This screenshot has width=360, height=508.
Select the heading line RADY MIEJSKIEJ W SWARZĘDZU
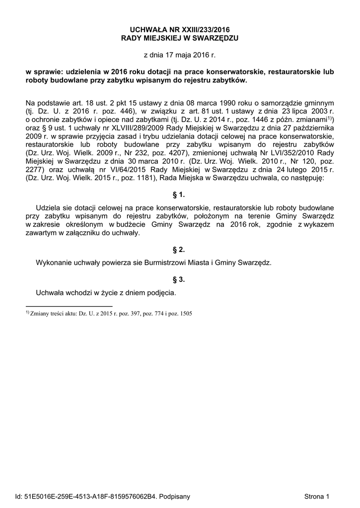point(180,38)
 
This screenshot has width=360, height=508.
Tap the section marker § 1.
point(179,195)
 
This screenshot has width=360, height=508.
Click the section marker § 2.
point(179,249)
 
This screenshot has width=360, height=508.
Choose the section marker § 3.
point(179,279)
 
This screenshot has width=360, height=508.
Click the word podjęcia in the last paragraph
point(161,293)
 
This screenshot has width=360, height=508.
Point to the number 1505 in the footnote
point(186,314)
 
